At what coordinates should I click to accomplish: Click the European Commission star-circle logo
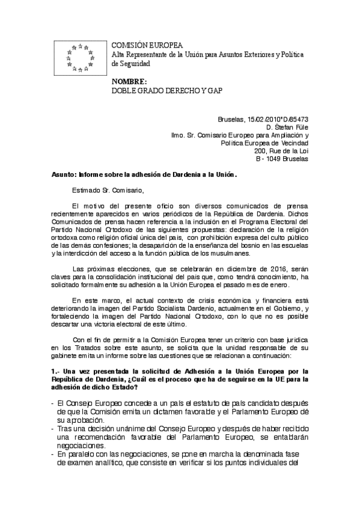coord(81,58)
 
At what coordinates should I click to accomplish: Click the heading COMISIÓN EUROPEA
coord(148,46)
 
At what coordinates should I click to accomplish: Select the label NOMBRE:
coord(129,82)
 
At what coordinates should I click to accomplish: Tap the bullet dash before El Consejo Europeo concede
coord(53,403)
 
